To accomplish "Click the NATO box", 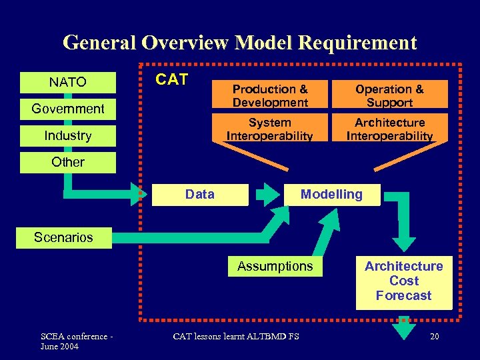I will pos(67,82).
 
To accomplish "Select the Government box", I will pos(67,109).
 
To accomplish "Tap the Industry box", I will pos(67,135).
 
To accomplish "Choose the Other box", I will pos(67,162).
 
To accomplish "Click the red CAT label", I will pos(172,79).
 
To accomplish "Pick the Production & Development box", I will pos(270,95).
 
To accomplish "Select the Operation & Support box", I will pos(389,95).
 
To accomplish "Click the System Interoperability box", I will pos(270,129).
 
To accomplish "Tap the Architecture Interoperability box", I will pos(389,129).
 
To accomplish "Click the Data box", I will pos(200,194).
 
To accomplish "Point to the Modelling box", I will pos(331,194).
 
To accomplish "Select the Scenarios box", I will pos(64,237).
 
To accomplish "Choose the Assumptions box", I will pos(275,266).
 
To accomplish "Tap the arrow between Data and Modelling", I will pos(269,195).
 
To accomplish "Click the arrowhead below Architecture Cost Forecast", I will pos(404,331).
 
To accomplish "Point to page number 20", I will pos(434,336).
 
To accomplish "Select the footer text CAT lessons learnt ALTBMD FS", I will pos(236,336).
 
